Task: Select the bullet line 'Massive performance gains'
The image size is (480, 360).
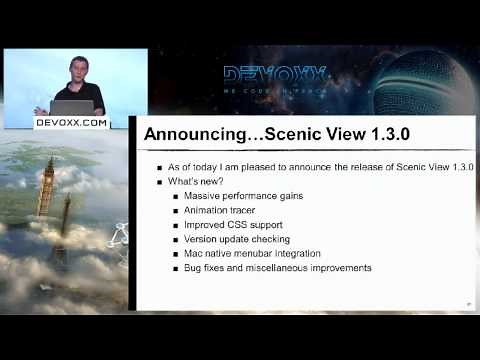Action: pos(243,196)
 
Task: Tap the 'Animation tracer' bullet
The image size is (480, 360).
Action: pos(220,210)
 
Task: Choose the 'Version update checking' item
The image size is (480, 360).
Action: pos(237,239)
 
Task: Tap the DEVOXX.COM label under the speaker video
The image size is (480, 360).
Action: pos(71,122)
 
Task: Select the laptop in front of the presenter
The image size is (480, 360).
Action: pos(72,107)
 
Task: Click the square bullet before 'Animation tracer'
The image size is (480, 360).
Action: pos(176,211)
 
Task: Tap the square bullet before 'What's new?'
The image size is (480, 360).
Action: pos(160,182)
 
